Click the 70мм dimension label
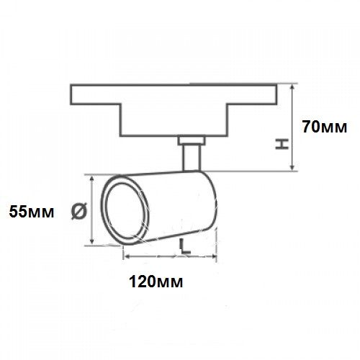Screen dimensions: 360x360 coord(325,127)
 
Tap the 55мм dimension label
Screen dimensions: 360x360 coord(32,212)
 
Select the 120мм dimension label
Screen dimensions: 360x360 coord(156,282)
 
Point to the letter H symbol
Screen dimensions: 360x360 coord(282,144)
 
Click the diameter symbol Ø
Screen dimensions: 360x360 coord(78,211)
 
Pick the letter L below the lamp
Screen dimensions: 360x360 coord(185,246)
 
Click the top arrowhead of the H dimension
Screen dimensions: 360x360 coord(292,87)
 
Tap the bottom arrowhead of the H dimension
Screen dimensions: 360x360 coord(292,168)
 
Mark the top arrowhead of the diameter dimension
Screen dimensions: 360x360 coord(91,179)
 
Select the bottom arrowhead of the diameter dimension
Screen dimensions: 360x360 coord(91,241)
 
